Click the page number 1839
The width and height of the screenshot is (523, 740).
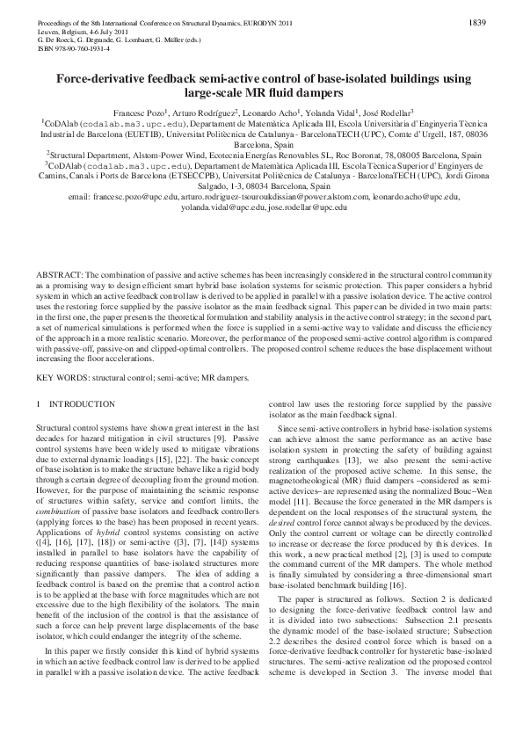click(478, 21)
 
